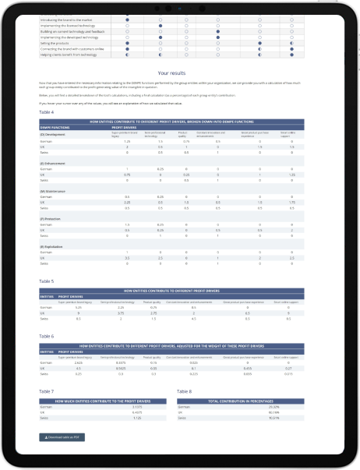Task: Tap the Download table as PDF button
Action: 65,437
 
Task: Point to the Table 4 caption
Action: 46,112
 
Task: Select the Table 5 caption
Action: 46,281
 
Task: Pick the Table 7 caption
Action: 46,390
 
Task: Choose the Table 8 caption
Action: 185,390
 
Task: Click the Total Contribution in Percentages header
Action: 248,400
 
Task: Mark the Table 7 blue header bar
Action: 104,400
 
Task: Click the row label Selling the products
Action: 58,43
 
